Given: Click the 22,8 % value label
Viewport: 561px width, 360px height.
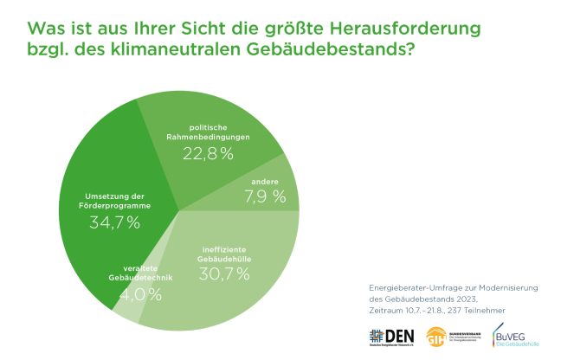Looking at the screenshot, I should tap(208, 154).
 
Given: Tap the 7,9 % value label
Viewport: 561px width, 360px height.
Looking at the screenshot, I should tap(267, 196).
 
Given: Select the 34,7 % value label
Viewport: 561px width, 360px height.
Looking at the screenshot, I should tap(114, 222).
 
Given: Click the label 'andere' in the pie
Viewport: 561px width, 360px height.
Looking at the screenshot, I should tap(265, 182).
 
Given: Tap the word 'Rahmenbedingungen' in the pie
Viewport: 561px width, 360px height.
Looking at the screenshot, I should tap(208, 137).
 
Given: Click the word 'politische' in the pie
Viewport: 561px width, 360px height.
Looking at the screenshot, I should tap(208, 127).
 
